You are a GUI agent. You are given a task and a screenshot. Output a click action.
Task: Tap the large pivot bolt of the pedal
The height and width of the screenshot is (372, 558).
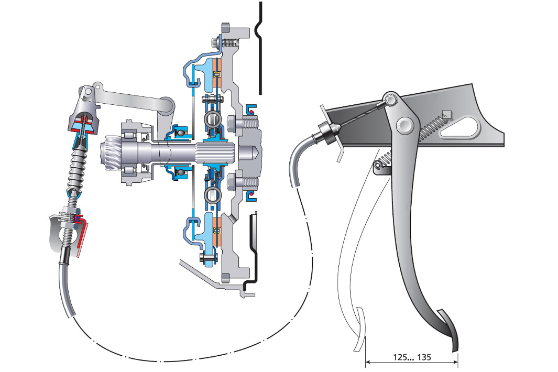coord(404,125)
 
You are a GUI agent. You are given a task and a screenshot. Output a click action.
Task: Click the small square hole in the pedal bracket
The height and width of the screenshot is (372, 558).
coord(446,113)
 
